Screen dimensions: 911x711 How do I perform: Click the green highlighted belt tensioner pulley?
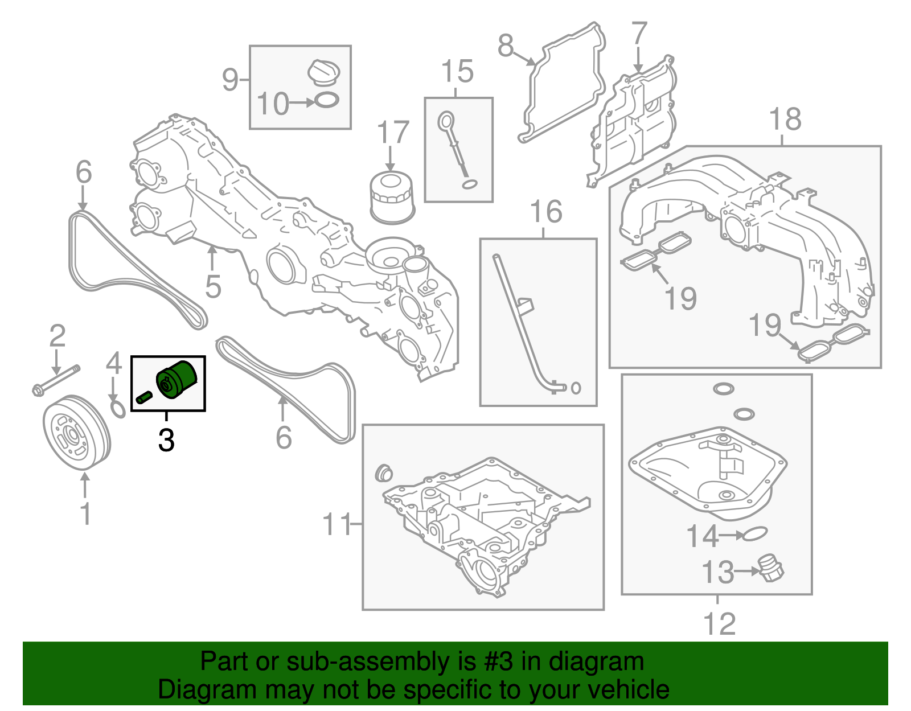point(176,380)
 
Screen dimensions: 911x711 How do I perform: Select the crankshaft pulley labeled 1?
point(77,432)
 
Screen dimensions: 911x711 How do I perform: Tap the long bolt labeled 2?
point(56,380)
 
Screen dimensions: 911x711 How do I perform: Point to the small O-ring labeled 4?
point(118,409)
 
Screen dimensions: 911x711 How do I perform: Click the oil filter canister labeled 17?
point(392,198)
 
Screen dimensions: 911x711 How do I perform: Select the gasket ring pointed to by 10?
point(326,100)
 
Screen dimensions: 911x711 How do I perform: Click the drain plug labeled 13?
point(770,569)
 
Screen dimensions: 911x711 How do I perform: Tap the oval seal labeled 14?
point(754,533)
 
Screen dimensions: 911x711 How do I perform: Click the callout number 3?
point(166,440)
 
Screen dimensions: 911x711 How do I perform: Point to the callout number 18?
point(785,119)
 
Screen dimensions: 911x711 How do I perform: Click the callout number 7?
point(639,33)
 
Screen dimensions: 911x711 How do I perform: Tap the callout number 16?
point(546,212)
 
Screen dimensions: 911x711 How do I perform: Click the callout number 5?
point(213,286)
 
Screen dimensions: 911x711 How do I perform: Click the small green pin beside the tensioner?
point(144,397)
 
